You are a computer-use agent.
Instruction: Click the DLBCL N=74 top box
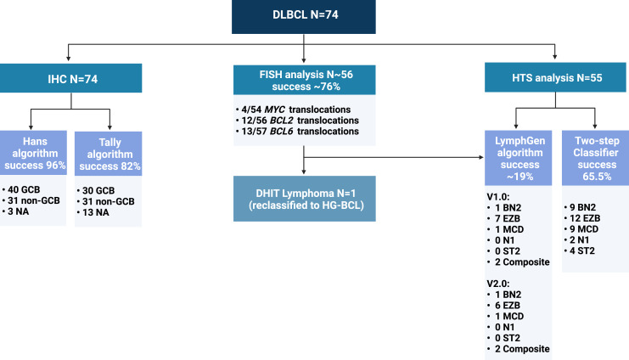[315, 16]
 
